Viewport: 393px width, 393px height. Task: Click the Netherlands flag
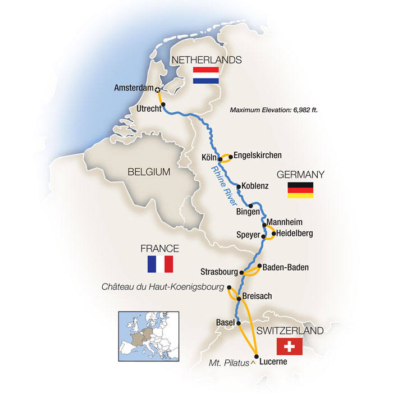[x=206, y=76]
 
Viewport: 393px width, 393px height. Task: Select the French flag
[x=160, y=264]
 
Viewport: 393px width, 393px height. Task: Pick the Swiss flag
[x=290, y=346]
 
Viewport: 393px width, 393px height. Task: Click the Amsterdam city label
[x=134, y=88]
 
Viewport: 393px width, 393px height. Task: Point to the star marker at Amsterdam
[x=158, y=89]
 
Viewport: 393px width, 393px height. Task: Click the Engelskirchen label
[x=257, y=156]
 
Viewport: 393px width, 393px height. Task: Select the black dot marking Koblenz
[x=239, y=186]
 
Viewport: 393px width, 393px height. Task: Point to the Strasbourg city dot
[x=242, y=273]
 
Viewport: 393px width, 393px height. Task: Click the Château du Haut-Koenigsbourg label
[x=162, y=287]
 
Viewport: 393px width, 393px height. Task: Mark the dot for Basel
[x=239, y=323]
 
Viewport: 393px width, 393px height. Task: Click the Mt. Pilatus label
[x=229, y=363]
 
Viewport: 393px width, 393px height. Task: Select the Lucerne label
[x=273, y=362]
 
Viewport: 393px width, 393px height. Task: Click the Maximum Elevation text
[x=274, y=110]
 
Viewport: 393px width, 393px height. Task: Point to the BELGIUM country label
[x=148, y=172]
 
